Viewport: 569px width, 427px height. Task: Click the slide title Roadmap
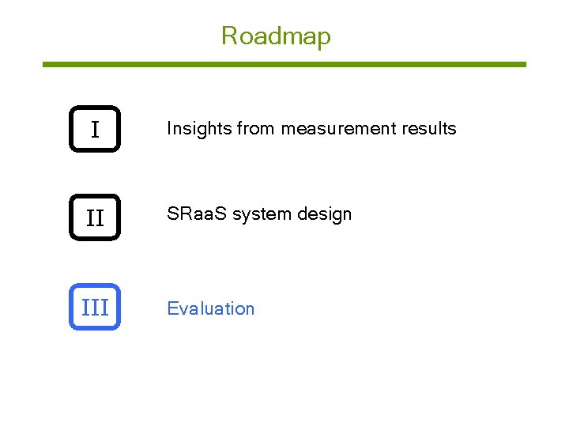(276, 36)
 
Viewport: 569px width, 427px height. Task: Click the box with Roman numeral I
(95, 129)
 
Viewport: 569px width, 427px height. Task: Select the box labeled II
(95, 217)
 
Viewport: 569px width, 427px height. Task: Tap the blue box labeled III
(95, 307)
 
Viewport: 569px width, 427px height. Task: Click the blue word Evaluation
(211, 308)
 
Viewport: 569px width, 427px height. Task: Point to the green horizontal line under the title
(284, 64)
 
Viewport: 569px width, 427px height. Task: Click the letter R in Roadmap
(228, 36)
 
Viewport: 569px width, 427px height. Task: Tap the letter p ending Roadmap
(323, 39)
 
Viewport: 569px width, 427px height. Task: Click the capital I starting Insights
(169, 129)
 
